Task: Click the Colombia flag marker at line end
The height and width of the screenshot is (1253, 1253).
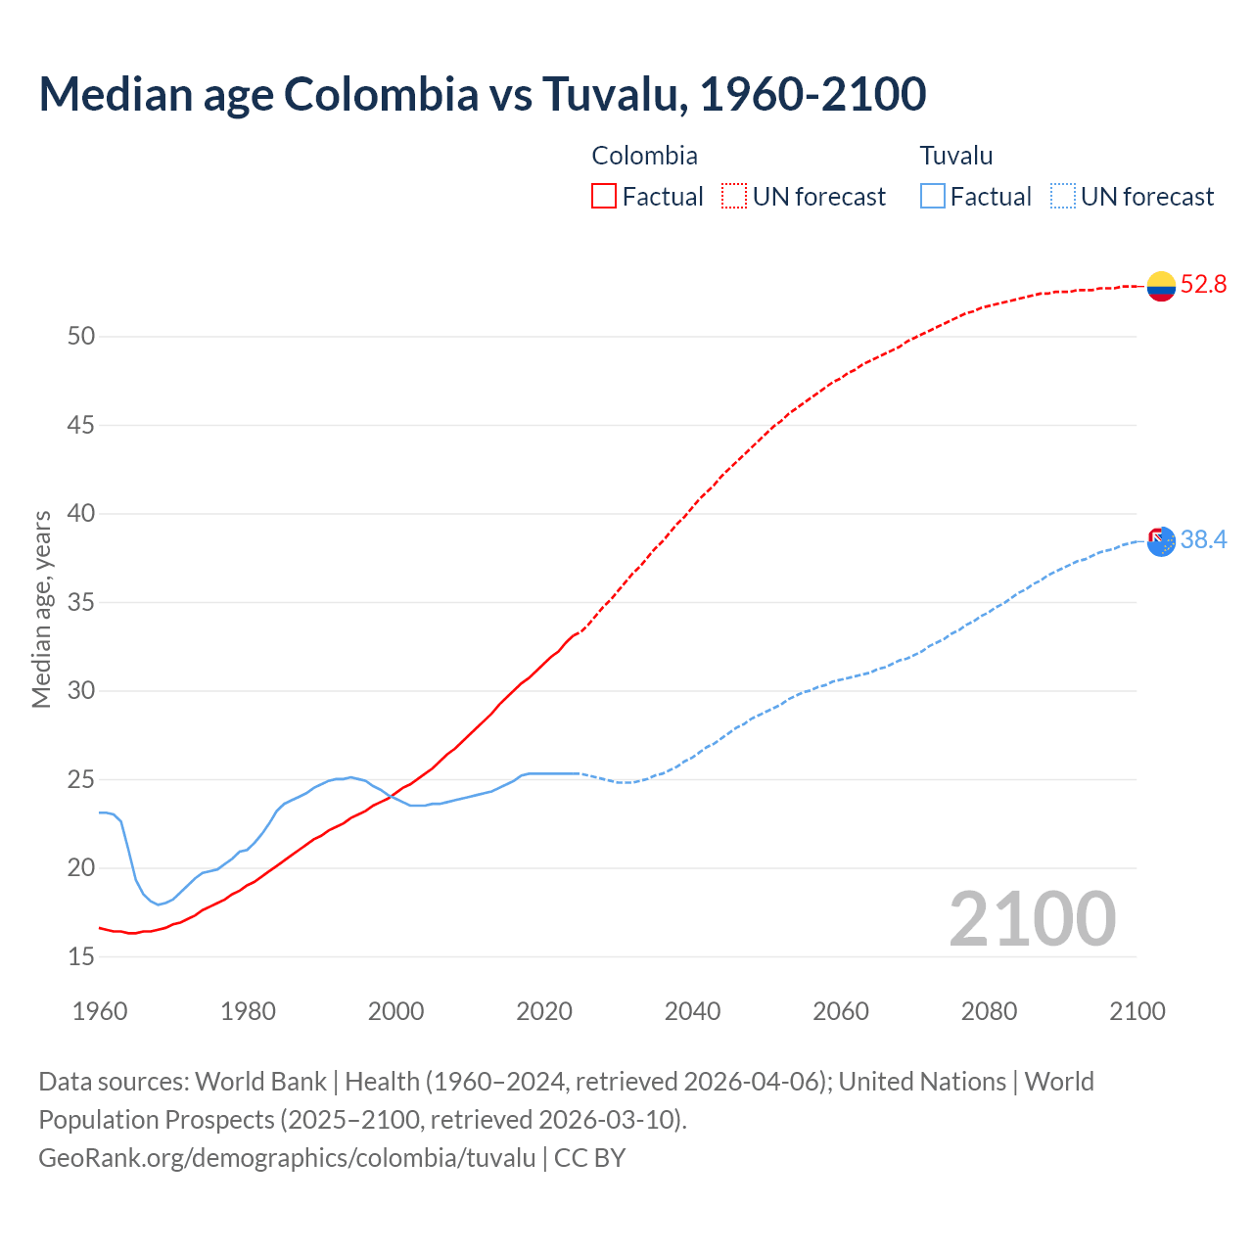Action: pyautogui.click(x=1161, y=286)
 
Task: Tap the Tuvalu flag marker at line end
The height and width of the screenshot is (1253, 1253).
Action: pyautogui.click(x=1161, y=541)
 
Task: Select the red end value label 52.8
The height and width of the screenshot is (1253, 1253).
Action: pyautogui.click(x=1203, y=285)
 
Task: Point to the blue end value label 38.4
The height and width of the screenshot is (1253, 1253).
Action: pyautogui.click(x=1203, y=540)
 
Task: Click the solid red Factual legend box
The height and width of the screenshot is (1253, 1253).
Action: pyautogui.click(x=604, y=197)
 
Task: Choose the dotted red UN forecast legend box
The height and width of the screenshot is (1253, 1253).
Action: pyautogui.click(x=734, y=197)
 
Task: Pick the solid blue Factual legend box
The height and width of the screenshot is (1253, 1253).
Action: pyautogui.click(x=933, y=197)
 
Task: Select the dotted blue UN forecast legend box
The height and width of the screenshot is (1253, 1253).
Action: pyautogui.click(x=1062, y=197)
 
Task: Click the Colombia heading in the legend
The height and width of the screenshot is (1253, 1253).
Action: pyautogui.click(x=644, y=156)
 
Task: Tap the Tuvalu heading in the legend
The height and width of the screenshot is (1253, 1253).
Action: pyautogui.click(x=955, y=156)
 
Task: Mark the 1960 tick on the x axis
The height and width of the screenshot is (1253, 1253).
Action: pyautogui.click(x=100, y=1011)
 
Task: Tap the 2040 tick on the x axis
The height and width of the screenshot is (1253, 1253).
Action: pyautogui.click(x=692, y=1011)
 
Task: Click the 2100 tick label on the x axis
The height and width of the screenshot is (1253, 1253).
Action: pyautogui.click(x=1137, y=1011)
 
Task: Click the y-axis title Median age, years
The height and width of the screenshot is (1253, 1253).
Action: pyautogui.click(x=41, y=609)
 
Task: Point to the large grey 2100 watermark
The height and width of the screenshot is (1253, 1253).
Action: pyautogui.click(x=1032, y=919)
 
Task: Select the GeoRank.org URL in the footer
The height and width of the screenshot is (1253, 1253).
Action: pyautogui.click(x=287, y=1157)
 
